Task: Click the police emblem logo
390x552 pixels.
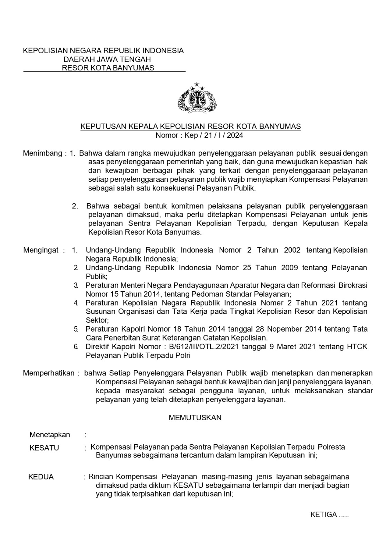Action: point(197,99)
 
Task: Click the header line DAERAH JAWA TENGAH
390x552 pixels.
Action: point(107,59)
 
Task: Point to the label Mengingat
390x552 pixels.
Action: point(41,250)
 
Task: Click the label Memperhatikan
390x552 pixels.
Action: point(49,373)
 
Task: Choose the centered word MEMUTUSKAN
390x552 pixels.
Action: point(195,418)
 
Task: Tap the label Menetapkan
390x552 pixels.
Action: point(50,435)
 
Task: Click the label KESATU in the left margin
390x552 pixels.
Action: point(44,448)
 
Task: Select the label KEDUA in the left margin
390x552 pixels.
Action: point(41,477)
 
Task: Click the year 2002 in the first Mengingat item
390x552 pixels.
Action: point(292,250)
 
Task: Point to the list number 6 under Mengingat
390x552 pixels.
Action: point(76,347)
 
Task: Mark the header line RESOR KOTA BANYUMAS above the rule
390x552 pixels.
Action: point(108,68)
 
